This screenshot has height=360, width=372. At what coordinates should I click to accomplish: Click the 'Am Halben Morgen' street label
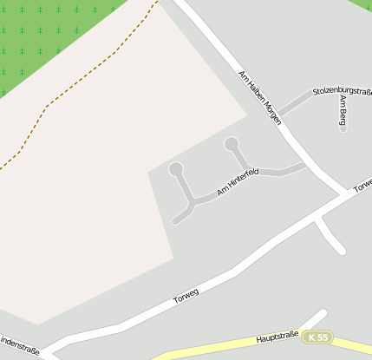coord(260,96)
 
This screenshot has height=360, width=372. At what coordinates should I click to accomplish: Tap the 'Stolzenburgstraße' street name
coord(342,90)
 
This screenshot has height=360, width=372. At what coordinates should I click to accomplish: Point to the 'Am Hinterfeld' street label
coord(238,181)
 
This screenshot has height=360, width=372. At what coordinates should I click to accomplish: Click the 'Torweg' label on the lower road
coord(186,296)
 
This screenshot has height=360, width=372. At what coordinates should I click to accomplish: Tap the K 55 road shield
coord(318,337)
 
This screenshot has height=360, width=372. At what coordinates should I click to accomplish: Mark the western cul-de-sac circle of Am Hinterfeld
coord(176,168)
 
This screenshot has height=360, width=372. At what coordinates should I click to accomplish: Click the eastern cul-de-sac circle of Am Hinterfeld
coord(231,143)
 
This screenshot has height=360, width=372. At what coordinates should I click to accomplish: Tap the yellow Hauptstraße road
coord(217,348)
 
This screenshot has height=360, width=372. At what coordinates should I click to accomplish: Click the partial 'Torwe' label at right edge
coord(362,185)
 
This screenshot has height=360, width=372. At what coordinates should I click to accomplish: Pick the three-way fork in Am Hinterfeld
coord(191,203)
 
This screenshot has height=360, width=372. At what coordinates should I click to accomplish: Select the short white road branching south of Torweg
coord(330,234)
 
